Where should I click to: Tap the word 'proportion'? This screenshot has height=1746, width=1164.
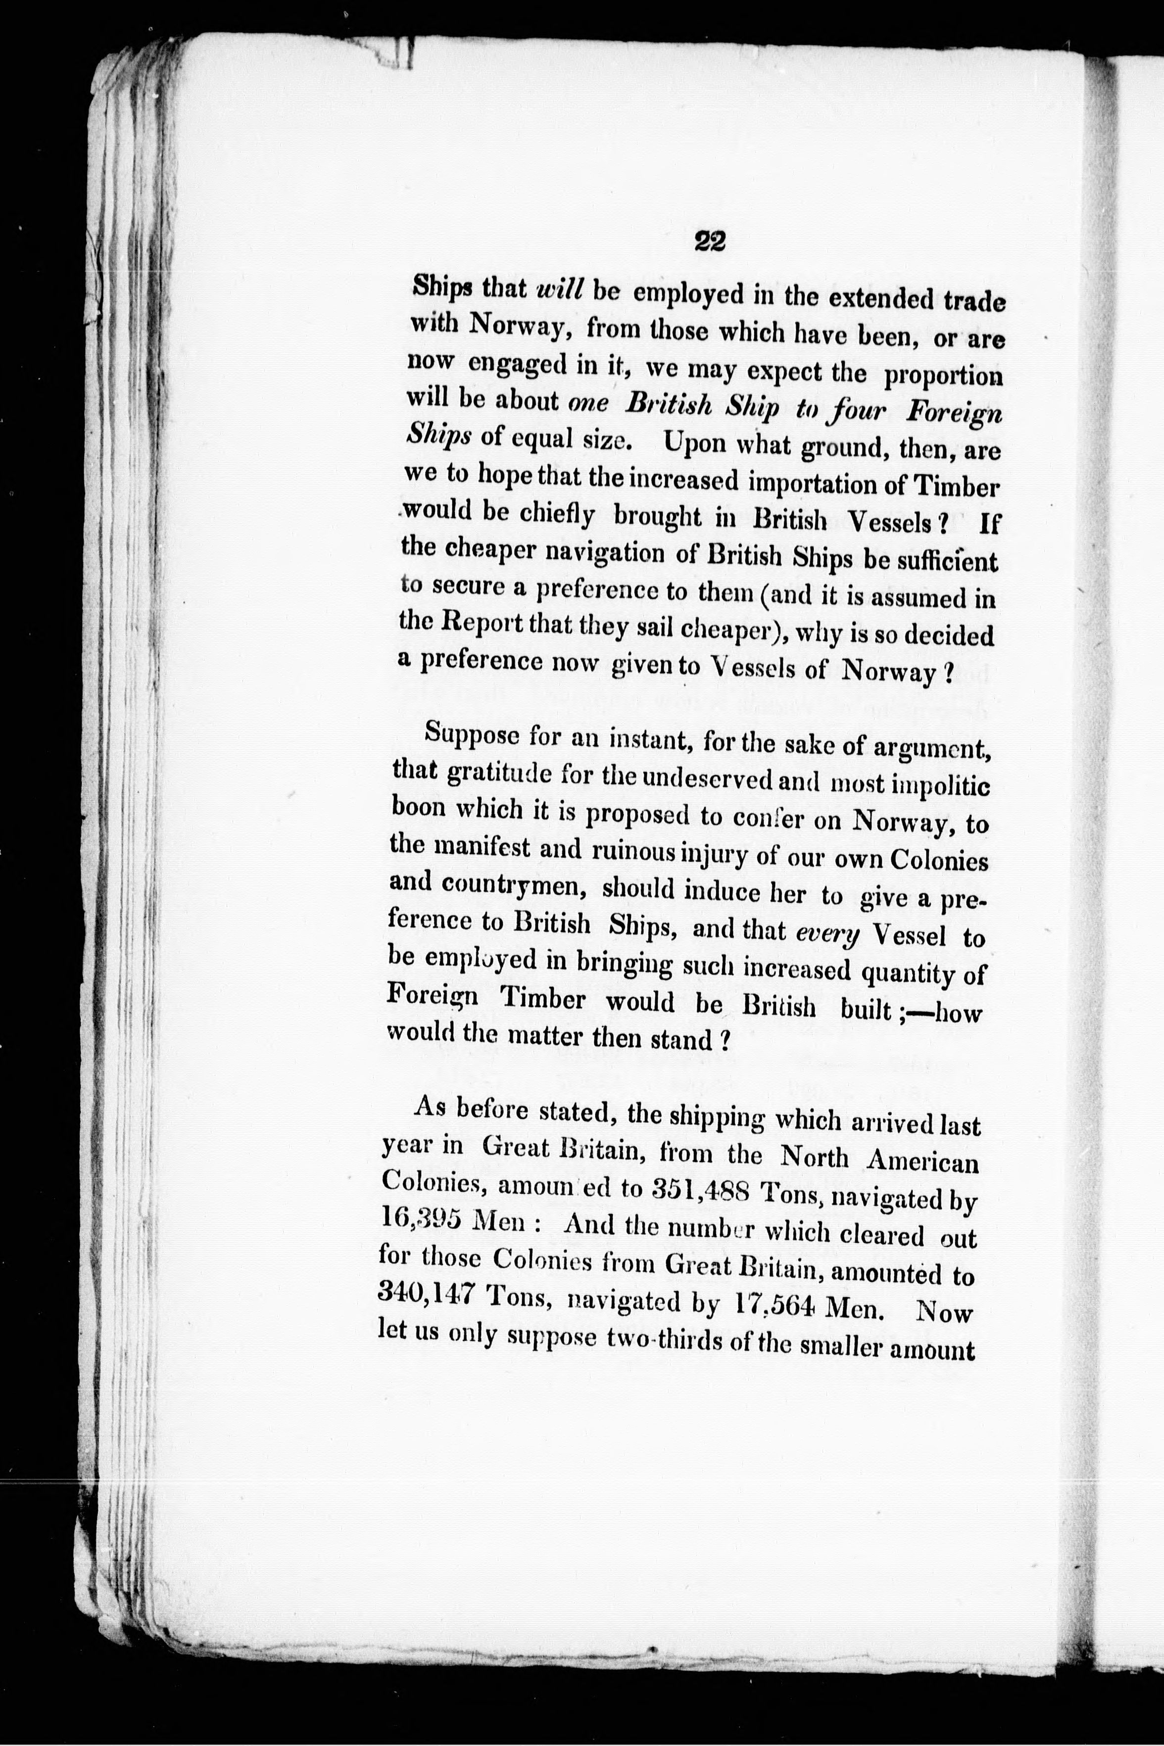coord(943,376)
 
